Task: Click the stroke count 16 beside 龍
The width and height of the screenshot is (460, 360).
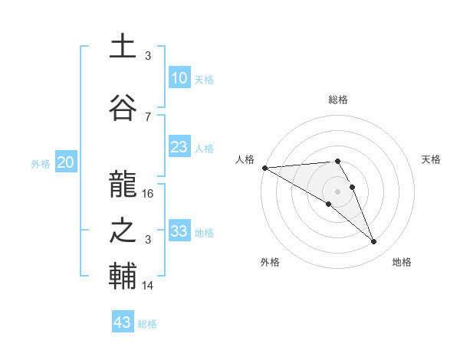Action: pos(148,194)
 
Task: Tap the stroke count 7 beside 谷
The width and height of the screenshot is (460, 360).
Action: pos(148,117)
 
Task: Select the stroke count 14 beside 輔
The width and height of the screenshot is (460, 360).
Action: pos(148,286)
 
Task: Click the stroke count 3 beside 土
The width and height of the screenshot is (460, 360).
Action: pos(148,56)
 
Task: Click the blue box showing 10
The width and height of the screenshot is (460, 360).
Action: pos(179,78)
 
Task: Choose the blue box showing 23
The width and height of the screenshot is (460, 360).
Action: pos(179,147)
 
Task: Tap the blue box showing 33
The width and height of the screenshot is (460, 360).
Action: pos(179,231)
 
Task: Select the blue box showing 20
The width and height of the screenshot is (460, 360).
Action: pos(65,162)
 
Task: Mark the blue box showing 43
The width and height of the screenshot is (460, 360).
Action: pos(122,322)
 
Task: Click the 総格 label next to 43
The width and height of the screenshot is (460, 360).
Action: pos(147,324)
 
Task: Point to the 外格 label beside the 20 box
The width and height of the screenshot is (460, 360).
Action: pos(41,163)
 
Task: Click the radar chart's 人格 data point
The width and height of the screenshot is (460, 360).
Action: pos(264,168)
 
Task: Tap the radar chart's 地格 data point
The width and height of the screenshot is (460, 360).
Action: pos(373,242)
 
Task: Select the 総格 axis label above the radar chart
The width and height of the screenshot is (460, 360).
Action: pos(337,100)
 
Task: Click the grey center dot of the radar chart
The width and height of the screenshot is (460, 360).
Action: pos(337,190)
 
